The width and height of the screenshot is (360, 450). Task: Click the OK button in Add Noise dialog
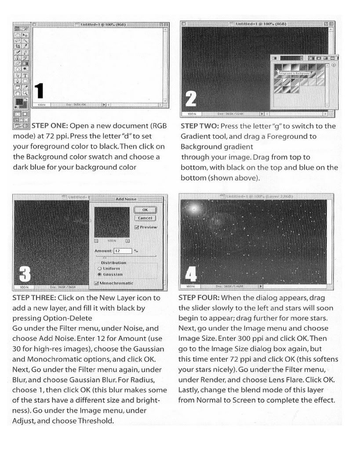(x=145, y=210)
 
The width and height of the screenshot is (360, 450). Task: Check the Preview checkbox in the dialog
(x=137, y=227)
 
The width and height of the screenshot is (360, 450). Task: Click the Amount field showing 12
(x=123, y=250)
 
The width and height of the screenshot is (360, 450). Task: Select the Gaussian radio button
(x=101, y=273)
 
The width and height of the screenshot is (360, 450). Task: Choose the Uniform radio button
(x=101, y=268)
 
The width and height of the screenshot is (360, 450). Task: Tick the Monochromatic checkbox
(x=97, y=283)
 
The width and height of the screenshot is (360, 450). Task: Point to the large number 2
(x=191, y=98)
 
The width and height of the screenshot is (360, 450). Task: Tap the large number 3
(x=25, y=275)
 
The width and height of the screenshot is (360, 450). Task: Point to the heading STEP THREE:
(x=33, y=298)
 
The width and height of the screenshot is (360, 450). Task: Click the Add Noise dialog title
(x=126, y=199)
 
